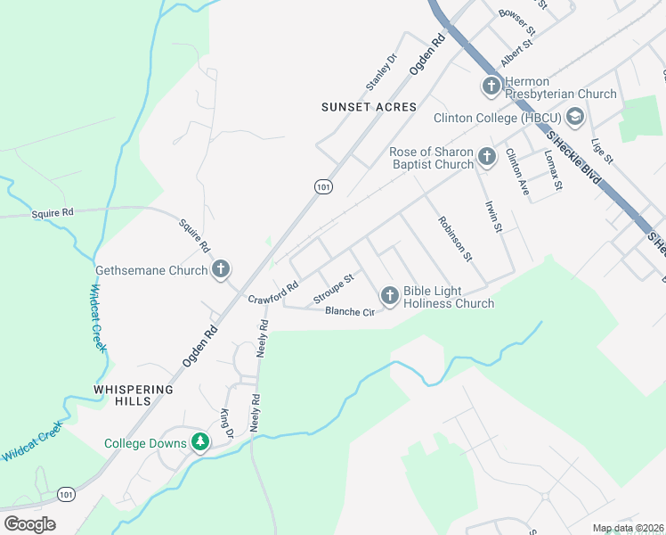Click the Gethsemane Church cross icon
pos(222,269)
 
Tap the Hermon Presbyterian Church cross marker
pos(491,86)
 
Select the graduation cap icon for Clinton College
pos(574,117)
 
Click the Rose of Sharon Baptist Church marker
pos(486,157)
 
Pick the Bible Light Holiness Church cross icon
pos(389,295)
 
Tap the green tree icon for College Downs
pos(201,443)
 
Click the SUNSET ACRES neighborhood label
pos(369,107)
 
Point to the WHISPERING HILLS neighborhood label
pos(133,395)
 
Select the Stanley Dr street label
pos(380,73)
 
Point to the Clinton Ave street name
pos(517,171)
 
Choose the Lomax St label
pos(554,170)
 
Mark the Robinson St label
pos(453,238)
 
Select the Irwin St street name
pos(493,216)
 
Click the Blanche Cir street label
pos(350,311)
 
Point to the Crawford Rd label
pos(272,293)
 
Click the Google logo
pos(29,523)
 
